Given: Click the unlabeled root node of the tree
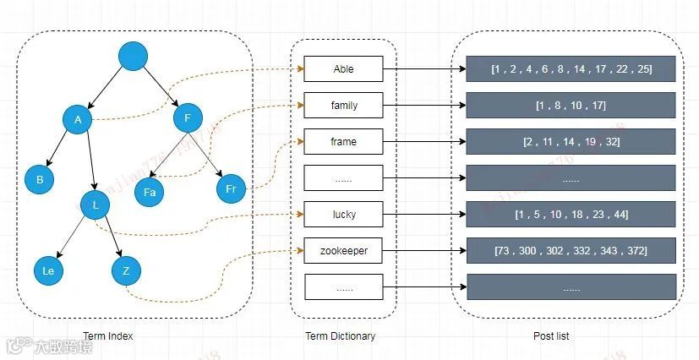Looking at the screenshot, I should coord(133,57).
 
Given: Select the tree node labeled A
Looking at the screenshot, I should coord(77,119).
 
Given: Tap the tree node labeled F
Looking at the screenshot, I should coord(187,117).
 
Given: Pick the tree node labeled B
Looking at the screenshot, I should coord(39,179).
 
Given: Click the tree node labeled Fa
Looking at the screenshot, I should coord(149,192).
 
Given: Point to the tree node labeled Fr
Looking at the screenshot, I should coord(230,188).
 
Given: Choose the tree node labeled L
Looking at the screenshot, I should coord(96,205).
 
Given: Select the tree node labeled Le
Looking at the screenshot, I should coord(48,270).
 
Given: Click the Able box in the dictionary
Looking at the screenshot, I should coord(344,69).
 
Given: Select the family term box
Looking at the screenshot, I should coord(344,106).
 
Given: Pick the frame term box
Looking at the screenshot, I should coord(344,142).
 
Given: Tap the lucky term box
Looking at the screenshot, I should coord(344,215).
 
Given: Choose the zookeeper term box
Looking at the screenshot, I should coord(344,251).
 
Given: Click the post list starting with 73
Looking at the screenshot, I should coord(571,251).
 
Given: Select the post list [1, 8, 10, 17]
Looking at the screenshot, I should coord(571,106).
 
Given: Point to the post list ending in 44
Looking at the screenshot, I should coord(571,215).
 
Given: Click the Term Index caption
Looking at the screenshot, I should coord(107,335).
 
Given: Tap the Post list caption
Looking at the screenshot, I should coord(550,335).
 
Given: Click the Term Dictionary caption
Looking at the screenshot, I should coord(340,335).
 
